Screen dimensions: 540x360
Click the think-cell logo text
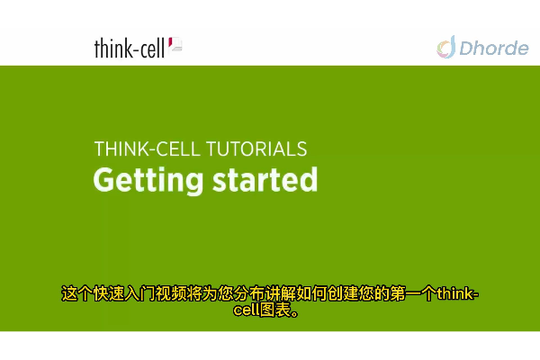[x=130, y=49]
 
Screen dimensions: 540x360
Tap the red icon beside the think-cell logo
[x=175, y=45]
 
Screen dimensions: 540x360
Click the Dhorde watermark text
[x=494, y=48]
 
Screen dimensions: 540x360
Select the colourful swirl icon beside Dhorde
[x=446, y=47]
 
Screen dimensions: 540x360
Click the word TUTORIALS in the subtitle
[x=256, y=149]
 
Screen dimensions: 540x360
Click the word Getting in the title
[x=148, y=181]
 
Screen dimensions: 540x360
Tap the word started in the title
[x=265, y=179]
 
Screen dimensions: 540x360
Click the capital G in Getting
[x=104, y=180]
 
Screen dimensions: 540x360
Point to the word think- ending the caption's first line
[x=458, y=294]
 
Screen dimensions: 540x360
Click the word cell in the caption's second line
[x=247, y=310]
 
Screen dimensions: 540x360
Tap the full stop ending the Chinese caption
[x=295, y=313]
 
